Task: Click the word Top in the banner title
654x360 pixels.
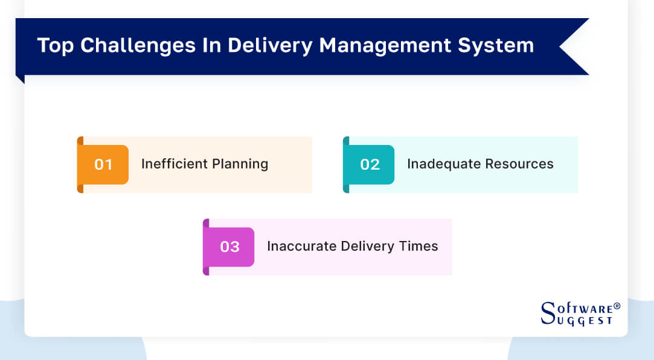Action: (55, 46)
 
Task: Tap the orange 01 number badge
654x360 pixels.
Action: (103, 164)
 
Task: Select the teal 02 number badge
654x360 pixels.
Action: (370, 164)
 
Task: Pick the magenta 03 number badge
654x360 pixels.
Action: (229, 246)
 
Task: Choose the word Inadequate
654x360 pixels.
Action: (442, 164)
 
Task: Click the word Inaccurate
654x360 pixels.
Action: (301, 246)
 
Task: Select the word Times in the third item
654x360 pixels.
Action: (418, 246)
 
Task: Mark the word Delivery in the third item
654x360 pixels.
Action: (366, 247)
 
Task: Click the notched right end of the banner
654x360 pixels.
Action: (574, 47)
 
